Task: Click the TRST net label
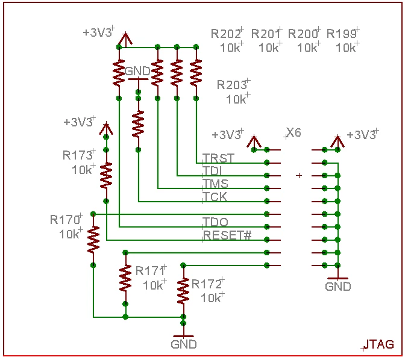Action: (218, 158)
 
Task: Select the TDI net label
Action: (212, 171)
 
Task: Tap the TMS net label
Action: (215, 184)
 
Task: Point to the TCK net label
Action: (215, 196)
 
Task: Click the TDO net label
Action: (215, 222)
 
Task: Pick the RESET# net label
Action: (227, 235)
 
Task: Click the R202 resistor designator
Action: (225, 34)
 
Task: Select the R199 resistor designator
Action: (341, 34)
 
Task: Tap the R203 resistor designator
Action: (232, 85)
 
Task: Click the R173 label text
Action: (78, 155)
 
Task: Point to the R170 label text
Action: (65, 220)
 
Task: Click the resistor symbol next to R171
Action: (125, 278)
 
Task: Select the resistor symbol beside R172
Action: (183, 291)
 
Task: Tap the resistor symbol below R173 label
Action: (106, 175)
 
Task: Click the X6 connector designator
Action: (294, 132)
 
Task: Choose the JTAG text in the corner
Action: (380, 344)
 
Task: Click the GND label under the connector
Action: (338, 287)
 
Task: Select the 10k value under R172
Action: (211, 298)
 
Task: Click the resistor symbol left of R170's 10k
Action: (93, 240)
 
